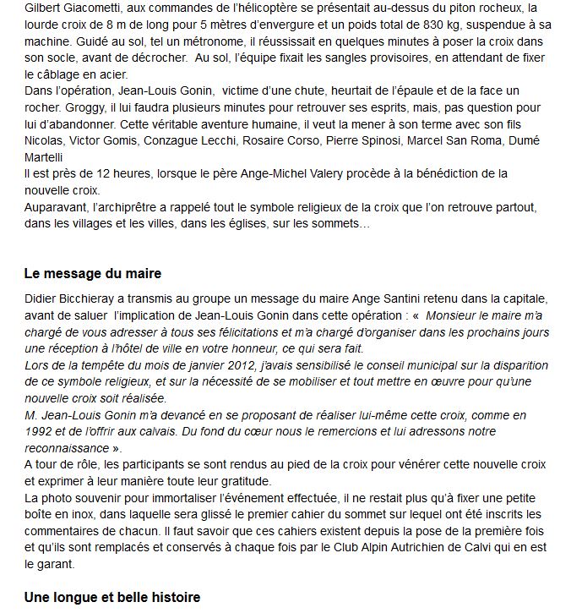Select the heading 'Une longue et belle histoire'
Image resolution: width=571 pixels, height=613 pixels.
(111, 597)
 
